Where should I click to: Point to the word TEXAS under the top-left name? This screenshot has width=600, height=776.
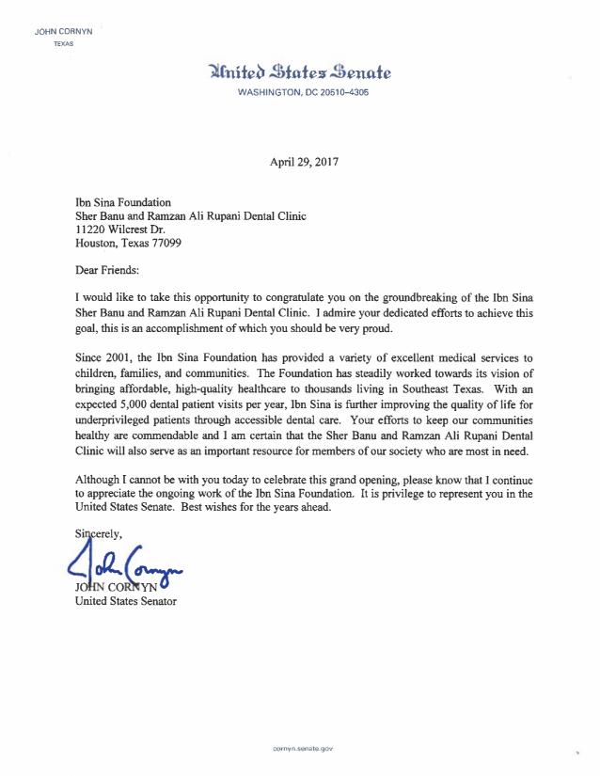point(62,44)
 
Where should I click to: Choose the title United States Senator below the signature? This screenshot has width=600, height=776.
point(125,601)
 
